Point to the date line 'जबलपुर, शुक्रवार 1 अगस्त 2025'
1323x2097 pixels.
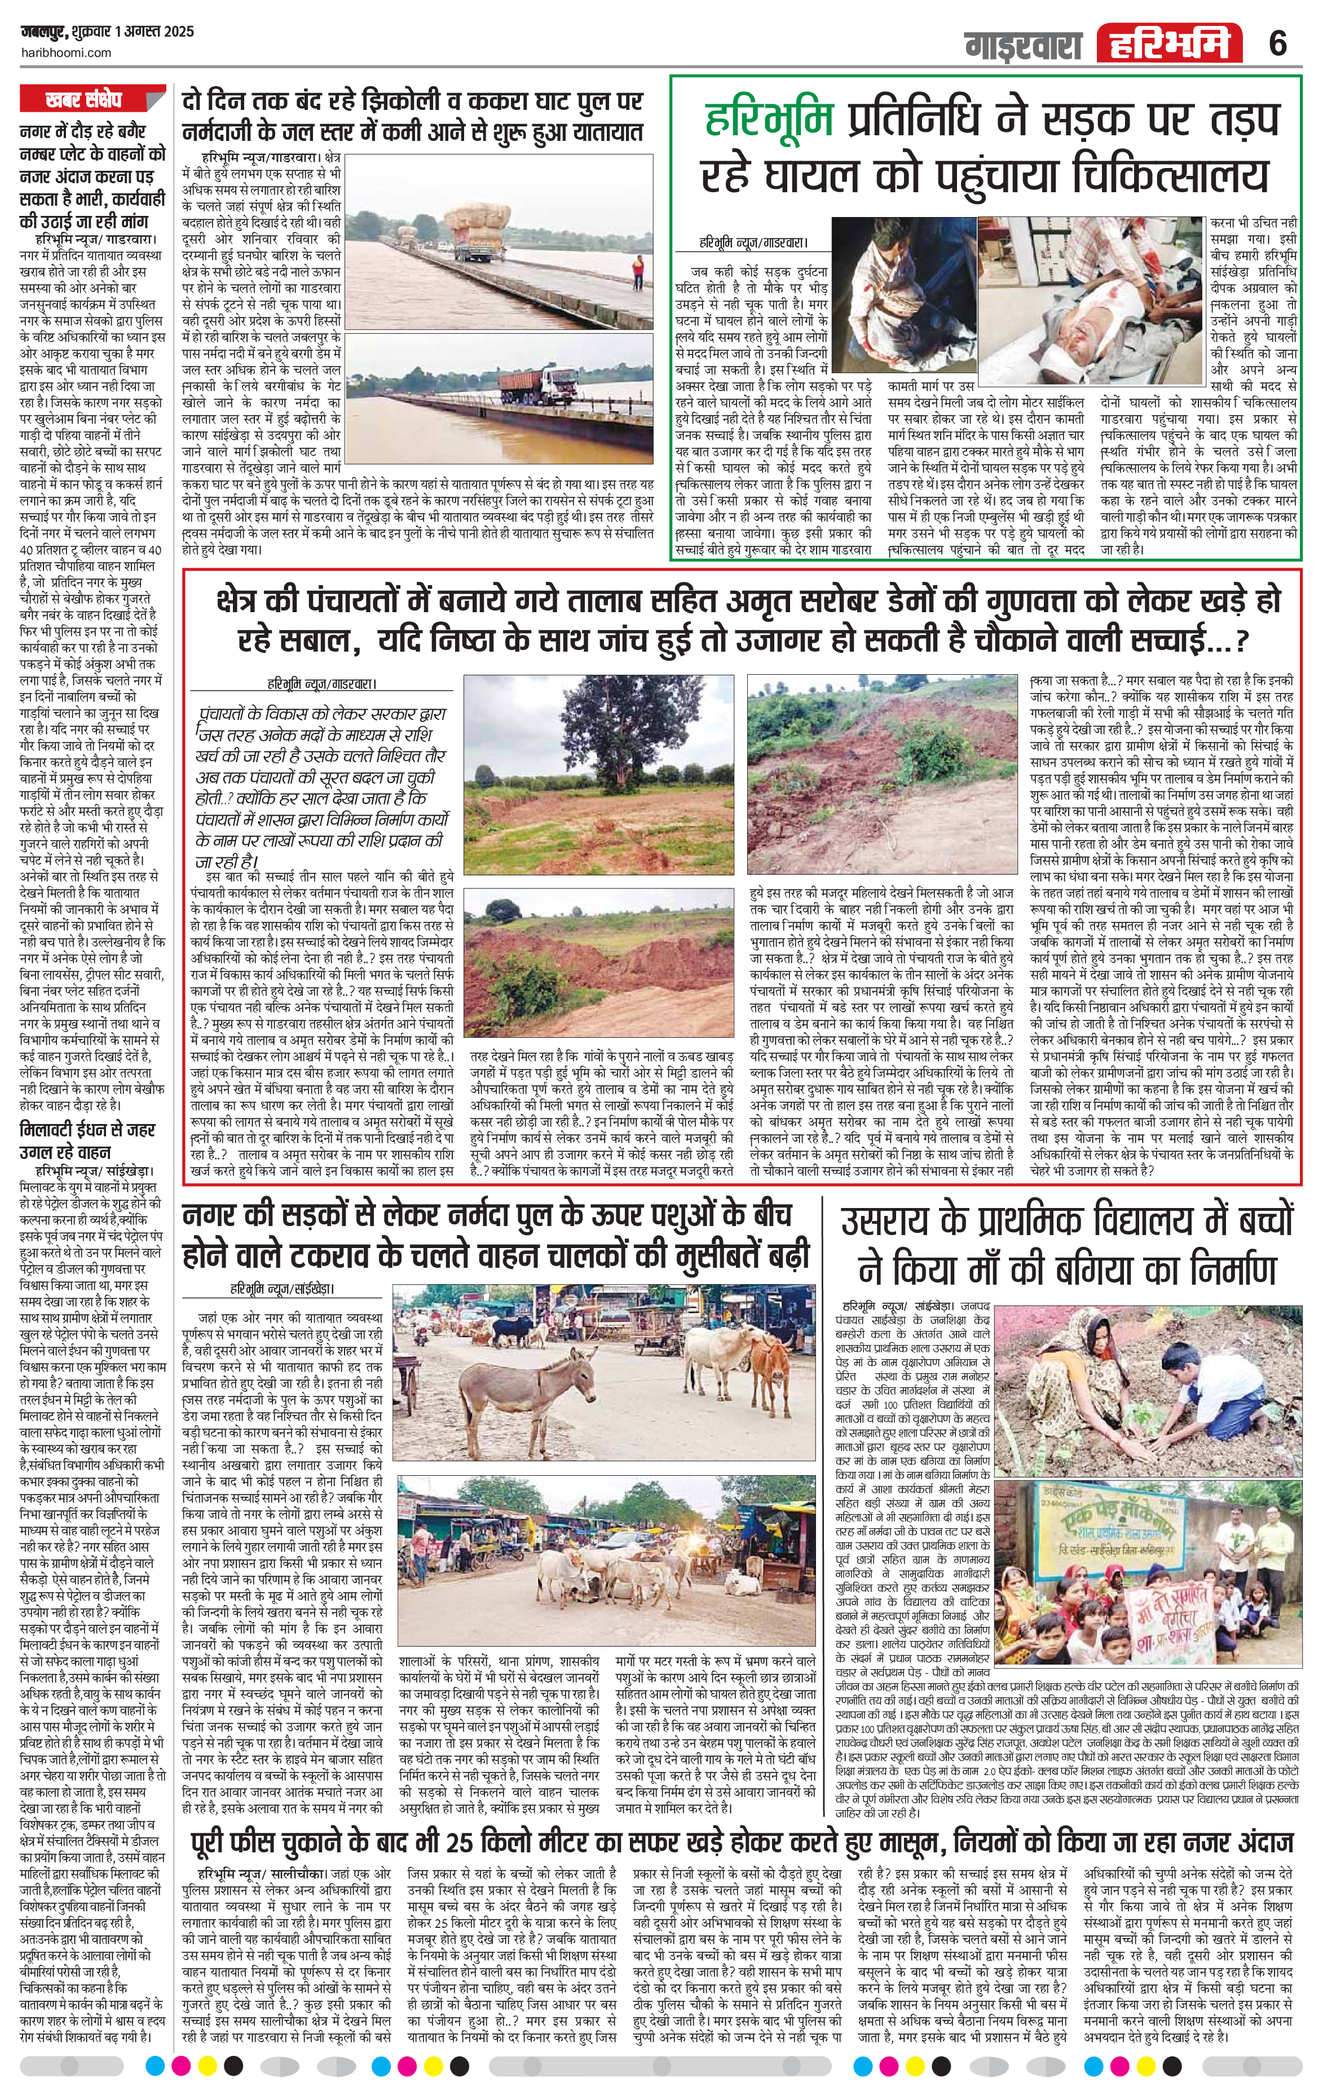pyautogui.click(x=106, y=32)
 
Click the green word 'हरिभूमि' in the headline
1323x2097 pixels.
pyautogui.click(x=771, y=120)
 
